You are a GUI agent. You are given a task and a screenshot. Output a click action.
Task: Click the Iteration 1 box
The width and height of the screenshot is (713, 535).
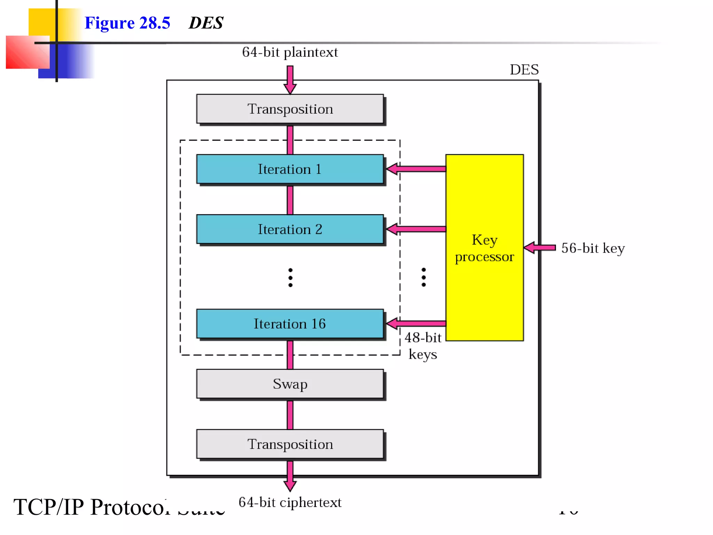(290, 169)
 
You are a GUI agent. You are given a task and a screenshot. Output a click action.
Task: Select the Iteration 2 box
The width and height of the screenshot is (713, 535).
(290, 229)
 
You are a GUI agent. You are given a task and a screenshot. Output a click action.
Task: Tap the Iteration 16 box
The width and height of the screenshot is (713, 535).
(290, 324)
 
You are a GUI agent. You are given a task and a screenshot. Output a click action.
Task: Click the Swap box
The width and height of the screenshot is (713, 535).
(290, 384)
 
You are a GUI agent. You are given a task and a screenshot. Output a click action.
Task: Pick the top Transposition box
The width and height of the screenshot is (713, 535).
(290, 109)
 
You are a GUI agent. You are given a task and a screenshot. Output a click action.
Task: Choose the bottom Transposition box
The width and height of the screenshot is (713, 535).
(290, 444)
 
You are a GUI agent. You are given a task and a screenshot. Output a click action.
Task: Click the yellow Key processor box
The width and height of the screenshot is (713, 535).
(484, 248)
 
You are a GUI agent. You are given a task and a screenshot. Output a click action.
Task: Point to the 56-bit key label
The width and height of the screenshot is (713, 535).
(593, 248)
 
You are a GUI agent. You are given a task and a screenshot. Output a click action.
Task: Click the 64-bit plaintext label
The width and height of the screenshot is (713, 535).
(290, 52)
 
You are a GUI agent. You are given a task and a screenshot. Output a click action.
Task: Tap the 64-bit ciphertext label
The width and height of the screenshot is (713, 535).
(290, 502)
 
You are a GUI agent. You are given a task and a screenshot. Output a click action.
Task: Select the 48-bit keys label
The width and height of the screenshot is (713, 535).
(423, 346)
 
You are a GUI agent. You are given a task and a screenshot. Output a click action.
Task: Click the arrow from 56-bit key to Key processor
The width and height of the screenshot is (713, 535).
(540, 248)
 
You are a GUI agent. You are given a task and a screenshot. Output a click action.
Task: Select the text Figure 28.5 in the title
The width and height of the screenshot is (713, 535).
(127, 23)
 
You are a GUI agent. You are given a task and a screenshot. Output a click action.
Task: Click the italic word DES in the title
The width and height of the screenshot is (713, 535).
(206, 23)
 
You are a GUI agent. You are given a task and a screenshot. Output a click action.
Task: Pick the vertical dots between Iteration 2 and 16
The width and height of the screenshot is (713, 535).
(290, 278)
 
